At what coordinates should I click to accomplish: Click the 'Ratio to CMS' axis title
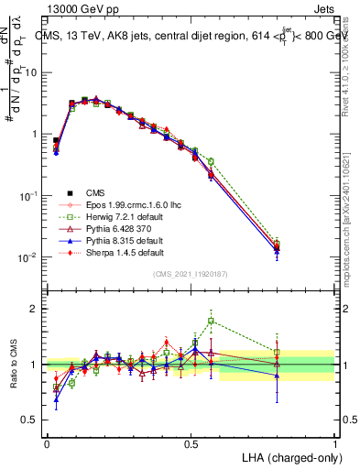coord(12,365)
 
